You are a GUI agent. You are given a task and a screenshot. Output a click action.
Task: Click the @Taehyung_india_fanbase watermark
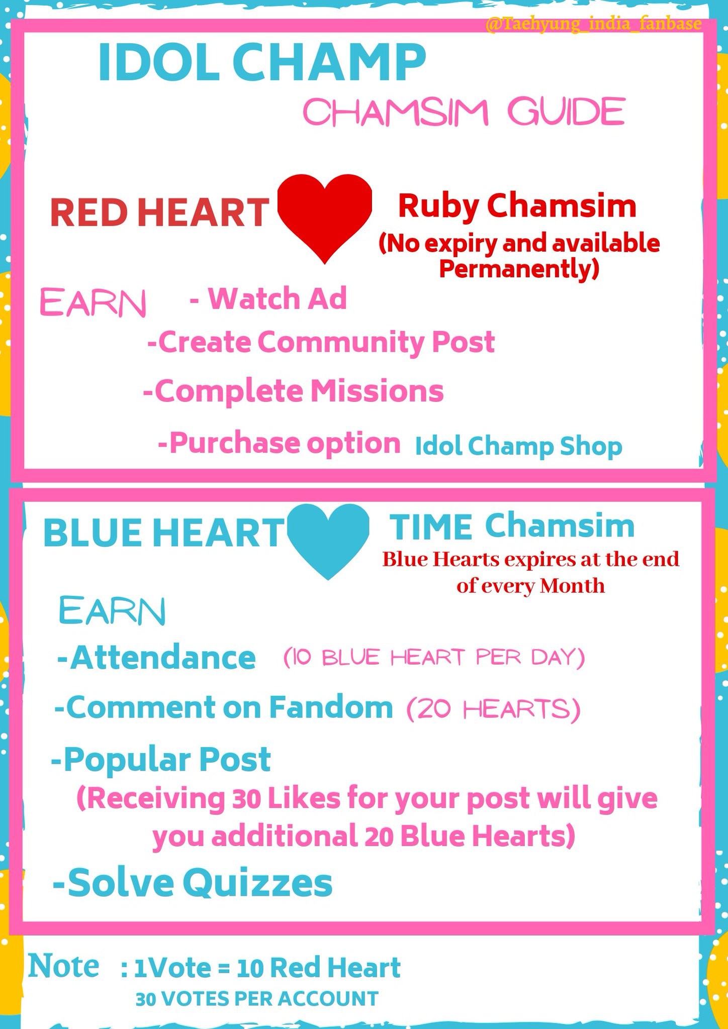click(594, 24)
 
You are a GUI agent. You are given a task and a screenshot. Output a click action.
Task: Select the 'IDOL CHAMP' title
click(262, 62)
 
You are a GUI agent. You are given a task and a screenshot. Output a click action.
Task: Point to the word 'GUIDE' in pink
click(566, 112)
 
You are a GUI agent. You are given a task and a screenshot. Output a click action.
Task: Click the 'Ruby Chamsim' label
click(517, 207)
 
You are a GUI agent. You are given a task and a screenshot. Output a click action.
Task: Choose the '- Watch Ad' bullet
click(268, 298)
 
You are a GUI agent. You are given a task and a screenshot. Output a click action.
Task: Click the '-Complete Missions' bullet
click(294, 392)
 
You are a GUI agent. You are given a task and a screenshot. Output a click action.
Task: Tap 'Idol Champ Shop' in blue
click(518, 446)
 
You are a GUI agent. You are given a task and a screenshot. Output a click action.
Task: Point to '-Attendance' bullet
click(156, 658)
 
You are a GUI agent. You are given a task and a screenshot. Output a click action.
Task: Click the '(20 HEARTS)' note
click(494, 709)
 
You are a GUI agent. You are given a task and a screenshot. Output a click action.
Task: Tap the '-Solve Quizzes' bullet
click(193, 883)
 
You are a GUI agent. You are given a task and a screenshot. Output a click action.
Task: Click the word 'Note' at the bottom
click(64, 966)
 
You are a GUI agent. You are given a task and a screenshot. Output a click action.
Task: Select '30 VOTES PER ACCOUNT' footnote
click(257, 999)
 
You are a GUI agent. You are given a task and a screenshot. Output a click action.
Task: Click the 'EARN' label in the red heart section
click(93, 303)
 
